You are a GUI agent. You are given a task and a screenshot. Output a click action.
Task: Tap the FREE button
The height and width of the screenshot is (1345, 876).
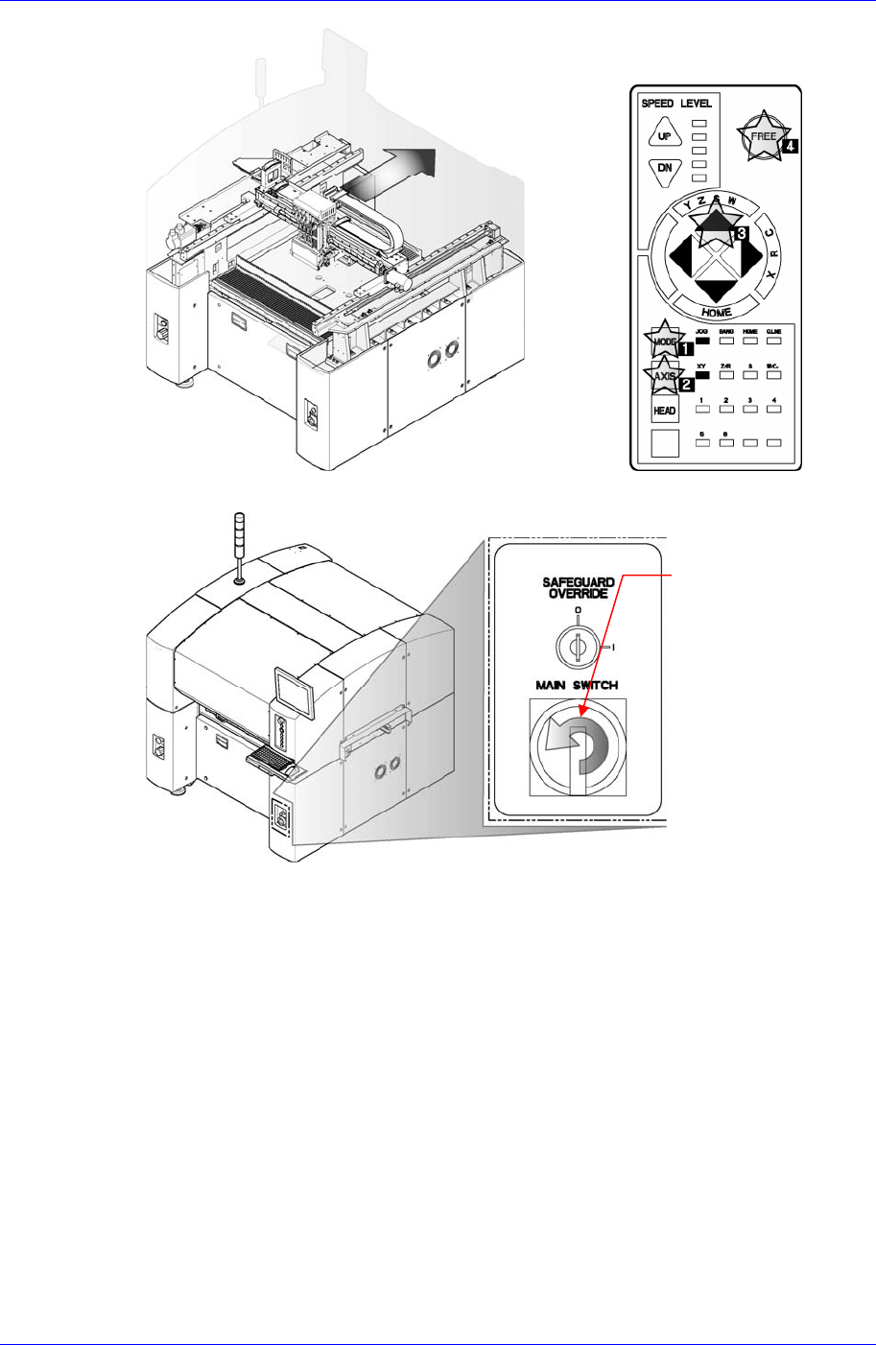tap(763, 136)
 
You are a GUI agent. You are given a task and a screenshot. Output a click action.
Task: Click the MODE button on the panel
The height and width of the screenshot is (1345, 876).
tap(663, 342)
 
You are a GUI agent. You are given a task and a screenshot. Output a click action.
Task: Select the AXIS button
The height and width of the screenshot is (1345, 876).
tap(663, 376)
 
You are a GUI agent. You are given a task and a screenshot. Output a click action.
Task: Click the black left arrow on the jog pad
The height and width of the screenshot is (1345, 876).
tap(678, 254)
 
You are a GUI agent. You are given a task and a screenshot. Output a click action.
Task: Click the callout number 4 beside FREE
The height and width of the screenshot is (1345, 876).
tap(790, 147)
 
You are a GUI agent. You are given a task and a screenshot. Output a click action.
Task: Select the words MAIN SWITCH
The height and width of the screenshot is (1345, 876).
tap(577, 685)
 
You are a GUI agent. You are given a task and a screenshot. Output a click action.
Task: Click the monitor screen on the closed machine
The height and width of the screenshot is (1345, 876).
tap(294, 690)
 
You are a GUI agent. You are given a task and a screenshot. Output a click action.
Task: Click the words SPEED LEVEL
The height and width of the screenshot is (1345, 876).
tap(676, 103)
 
